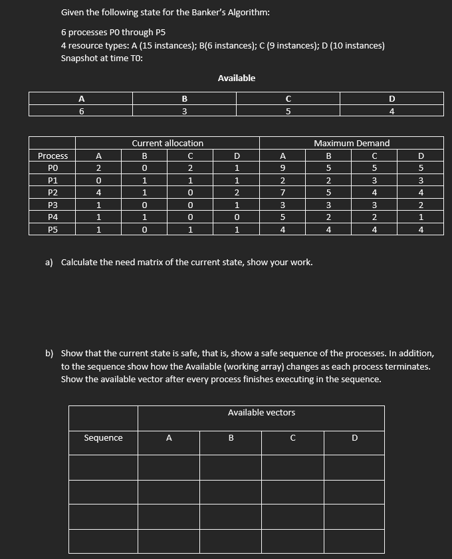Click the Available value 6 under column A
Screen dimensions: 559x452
point(81,112)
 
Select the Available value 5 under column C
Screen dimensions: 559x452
point(288,112)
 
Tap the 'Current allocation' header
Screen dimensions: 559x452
point(168,143)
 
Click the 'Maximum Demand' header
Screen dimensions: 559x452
point(351,143)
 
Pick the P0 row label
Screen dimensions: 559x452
point(53,168)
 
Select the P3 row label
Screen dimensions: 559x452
point(53,205)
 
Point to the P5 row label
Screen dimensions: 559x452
point(53,229)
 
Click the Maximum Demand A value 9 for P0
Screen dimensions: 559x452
point(282,168)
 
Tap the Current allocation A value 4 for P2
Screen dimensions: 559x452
point(98,193)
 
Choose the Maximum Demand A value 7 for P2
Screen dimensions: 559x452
point(282,193)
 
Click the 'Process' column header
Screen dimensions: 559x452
point(53,156)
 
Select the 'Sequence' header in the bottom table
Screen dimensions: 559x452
point(103,437)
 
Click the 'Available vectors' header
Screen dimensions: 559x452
point(261,413)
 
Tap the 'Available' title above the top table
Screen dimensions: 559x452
point(236,78)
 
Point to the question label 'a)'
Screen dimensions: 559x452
point(49,262)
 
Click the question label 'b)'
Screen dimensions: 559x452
point(49,354)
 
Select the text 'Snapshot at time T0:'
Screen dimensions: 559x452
point(102,58)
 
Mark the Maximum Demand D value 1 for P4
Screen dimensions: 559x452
point(420,217)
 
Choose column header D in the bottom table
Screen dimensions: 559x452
point(354,437)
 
